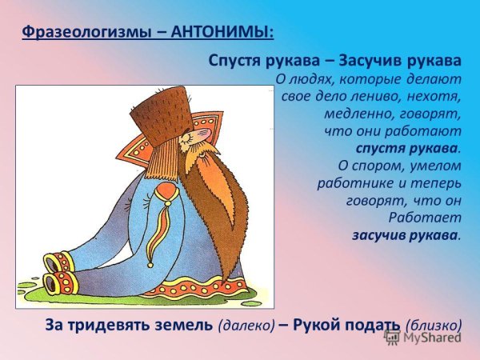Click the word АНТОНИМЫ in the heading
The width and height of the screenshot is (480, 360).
(222, 32)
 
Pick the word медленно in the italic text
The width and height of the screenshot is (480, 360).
(354, 114)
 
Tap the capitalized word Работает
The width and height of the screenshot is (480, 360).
(425, 218)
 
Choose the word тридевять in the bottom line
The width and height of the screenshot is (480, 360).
(110, 325)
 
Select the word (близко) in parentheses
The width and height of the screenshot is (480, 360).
(434, 325)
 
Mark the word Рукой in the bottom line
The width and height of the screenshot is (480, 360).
(313, 325)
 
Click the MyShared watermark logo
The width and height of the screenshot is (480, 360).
(422, 338)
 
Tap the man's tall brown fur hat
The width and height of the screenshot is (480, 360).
(162, 116)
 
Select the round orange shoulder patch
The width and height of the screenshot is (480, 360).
(166, 192)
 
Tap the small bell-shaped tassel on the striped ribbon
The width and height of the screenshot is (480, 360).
(150, 265)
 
